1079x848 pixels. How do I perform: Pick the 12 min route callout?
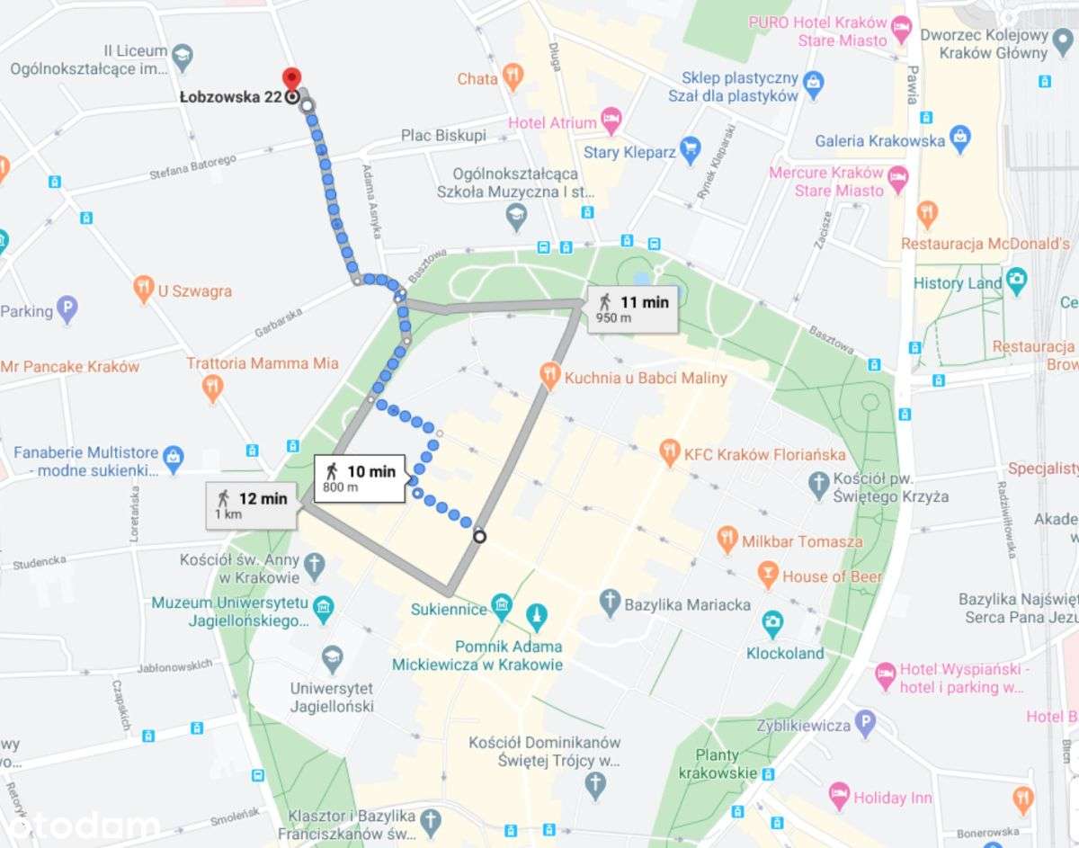(253, 504)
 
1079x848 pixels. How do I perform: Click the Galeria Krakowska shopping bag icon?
(959, 138)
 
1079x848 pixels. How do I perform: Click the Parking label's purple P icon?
(67, 310)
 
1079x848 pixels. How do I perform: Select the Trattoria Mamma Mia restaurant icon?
(212, 388)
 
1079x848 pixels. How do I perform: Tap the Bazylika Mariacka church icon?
(611, 603)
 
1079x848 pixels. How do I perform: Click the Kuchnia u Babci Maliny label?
(645, 377)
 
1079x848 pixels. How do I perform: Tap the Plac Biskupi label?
(443, 135)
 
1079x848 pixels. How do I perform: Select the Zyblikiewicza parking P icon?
(864, 721)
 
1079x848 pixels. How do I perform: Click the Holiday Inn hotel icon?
(839, 795)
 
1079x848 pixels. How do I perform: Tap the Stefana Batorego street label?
(192, 167)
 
